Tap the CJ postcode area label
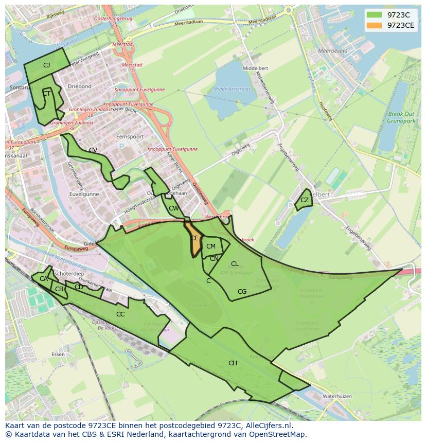point(46,65)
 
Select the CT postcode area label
point(46,94)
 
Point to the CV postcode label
point(93,150)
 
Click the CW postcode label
point(173,208)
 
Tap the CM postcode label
point(211,246)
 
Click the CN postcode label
point(214,259)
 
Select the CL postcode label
point(235,264)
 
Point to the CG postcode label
point(242,292)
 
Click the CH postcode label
point(233,363)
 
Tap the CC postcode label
point(120,314)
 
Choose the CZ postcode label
point(305,200)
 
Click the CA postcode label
point(44,279)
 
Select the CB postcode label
point(59,289)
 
